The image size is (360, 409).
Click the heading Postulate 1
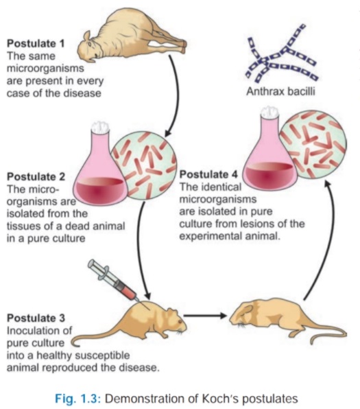click(x=36, y=43)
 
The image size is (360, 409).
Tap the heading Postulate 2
click(x=36, y=176)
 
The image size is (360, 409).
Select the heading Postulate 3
click(x=36, y=318)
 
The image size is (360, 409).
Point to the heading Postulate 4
click(x=208, y=174)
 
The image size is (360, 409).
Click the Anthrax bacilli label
click(x=280, y=91)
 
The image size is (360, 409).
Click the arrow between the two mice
click(x=205, y=316)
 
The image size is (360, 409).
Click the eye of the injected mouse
click(x=180, y=321)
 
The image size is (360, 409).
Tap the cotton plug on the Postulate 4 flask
click(x=269, y=113)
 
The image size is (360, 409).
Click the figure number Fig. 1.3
click(x=77, y=399)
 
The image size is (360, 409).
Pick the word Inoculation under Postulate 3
click(x=36, y=331)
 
